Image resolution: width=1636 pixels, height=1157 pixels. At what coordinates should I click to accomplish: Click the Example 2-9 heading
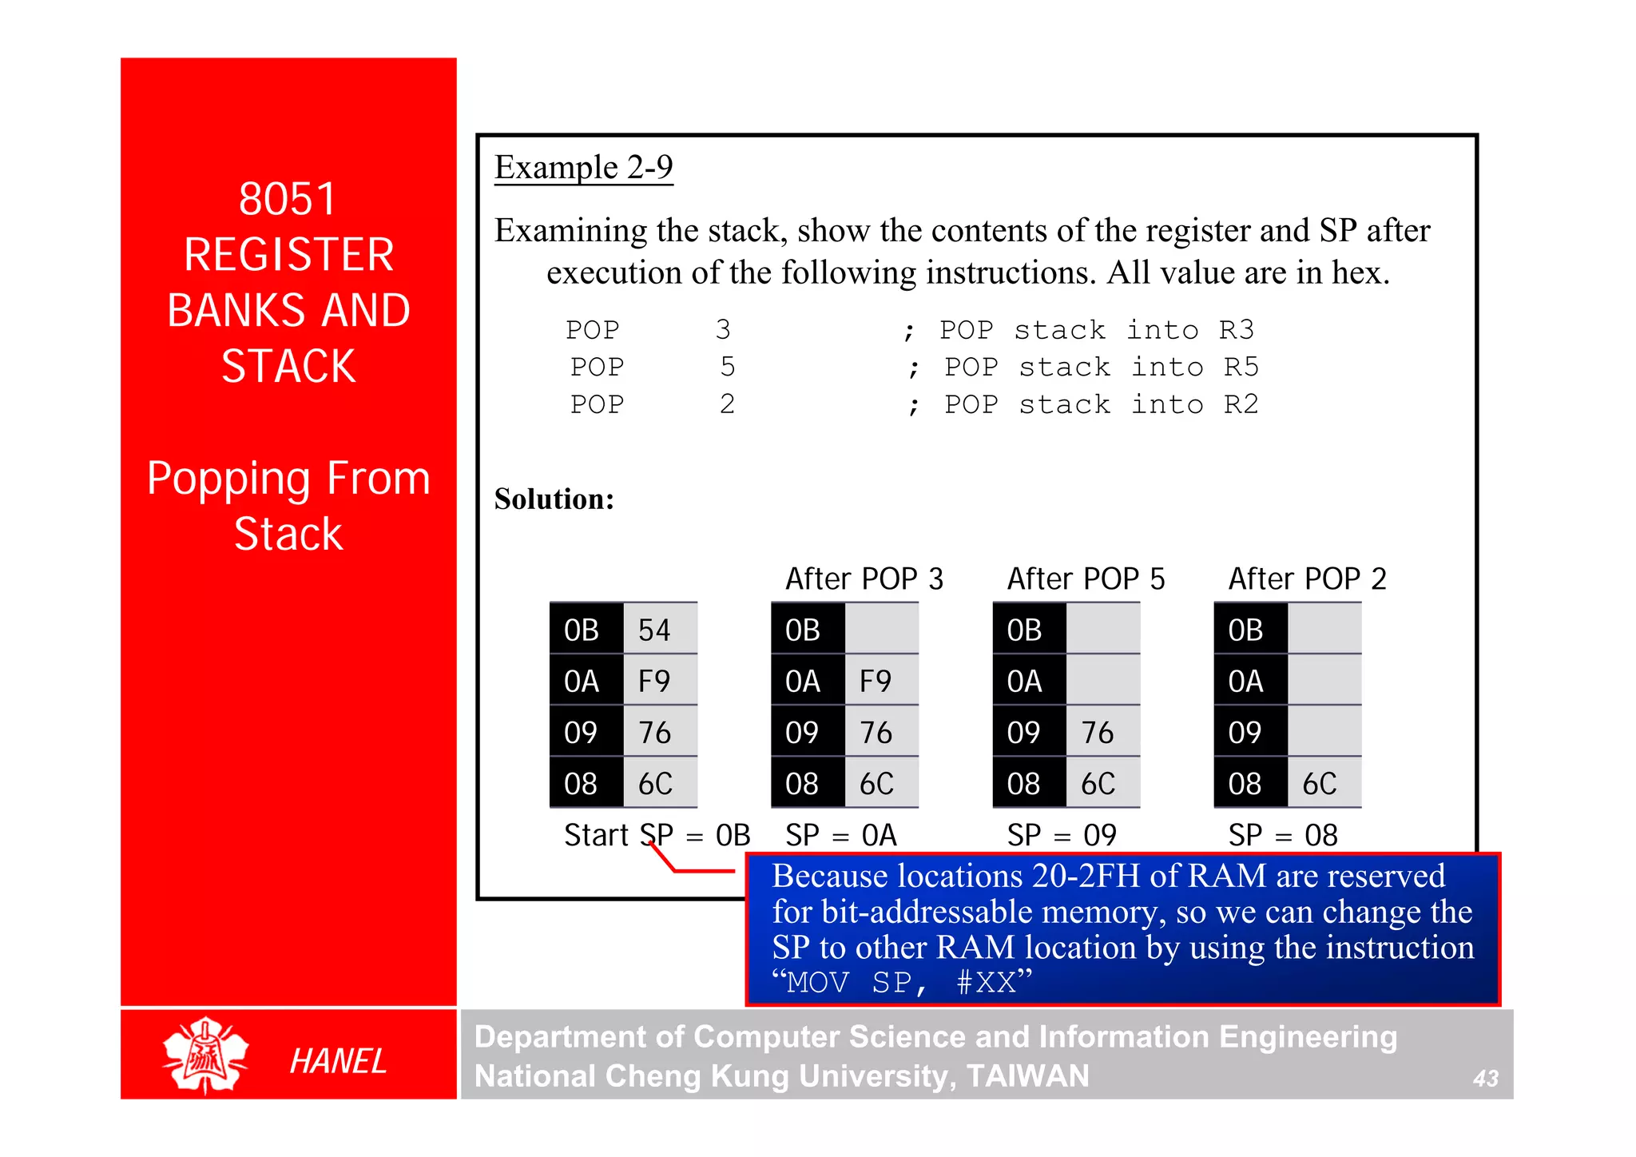[583, 168]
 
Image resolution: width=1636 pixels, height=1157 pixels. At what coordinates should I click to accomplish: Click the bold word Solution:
[554, 499]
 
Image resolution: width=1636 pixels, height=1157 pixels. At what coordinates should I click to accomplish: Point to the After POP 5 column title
[1086, 578]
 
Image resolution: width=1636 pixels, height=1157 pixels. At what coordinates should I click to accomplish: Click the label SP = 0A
[840, 836]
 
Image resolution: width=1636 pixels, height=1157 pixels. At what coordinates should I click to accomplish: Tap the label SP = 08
[1282, 836]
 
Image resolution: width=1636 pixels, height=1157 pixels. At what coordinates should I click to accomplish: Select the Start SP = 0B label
[657, 836]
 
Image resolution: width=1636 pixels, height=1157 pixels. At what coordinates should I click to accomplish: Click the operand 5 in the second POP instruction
[727, 368]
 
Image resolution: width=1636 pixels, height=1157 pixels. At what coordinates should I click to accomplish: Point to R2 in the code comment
[1241, 404]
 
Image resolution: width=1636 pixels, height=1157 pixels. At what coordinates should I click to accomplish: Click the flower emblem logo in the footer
[205, 1055]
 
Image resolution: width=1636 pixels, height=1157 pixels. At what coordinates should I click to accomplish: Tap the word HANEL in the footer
[338, 1061]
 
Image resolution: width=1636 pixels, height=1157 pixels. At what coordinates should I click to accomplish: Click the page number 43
[1485, 1079]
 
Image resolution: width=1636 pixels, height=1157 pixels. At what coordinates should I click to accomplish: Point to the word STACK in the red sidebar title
[288, 367]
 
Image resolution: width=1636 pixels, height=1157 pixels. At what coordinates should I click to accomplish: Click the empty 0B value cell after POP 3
[881, 630]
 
